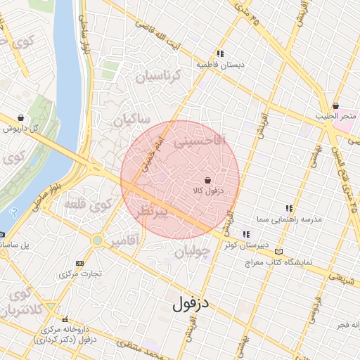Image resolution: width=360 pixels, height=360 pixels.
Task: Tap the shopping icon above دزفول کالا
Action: [x=207, y=180]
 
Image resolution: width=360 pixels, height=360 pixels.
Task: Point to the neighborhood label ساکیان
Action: [x=131, y=120]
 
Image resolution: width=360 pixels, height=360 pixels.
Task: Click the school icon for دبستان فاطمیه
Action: [x=221, y=53]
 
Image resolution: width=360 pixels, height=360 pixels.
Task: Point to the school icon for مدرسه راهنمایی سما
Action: [x=289, y=208]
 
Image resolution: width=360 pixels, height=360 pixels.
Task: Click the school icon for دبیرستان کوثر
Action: [x=245, y=234]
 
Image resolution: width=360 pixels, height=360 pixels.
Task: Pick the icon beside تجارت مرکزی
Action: [x=78, y=263]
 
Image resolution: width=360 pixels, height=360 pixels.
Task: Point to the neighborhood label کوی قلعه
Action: [x=89, y=205]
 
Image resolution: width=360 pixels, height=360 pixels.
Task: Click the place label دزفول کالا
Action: [x=207, y=191]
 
